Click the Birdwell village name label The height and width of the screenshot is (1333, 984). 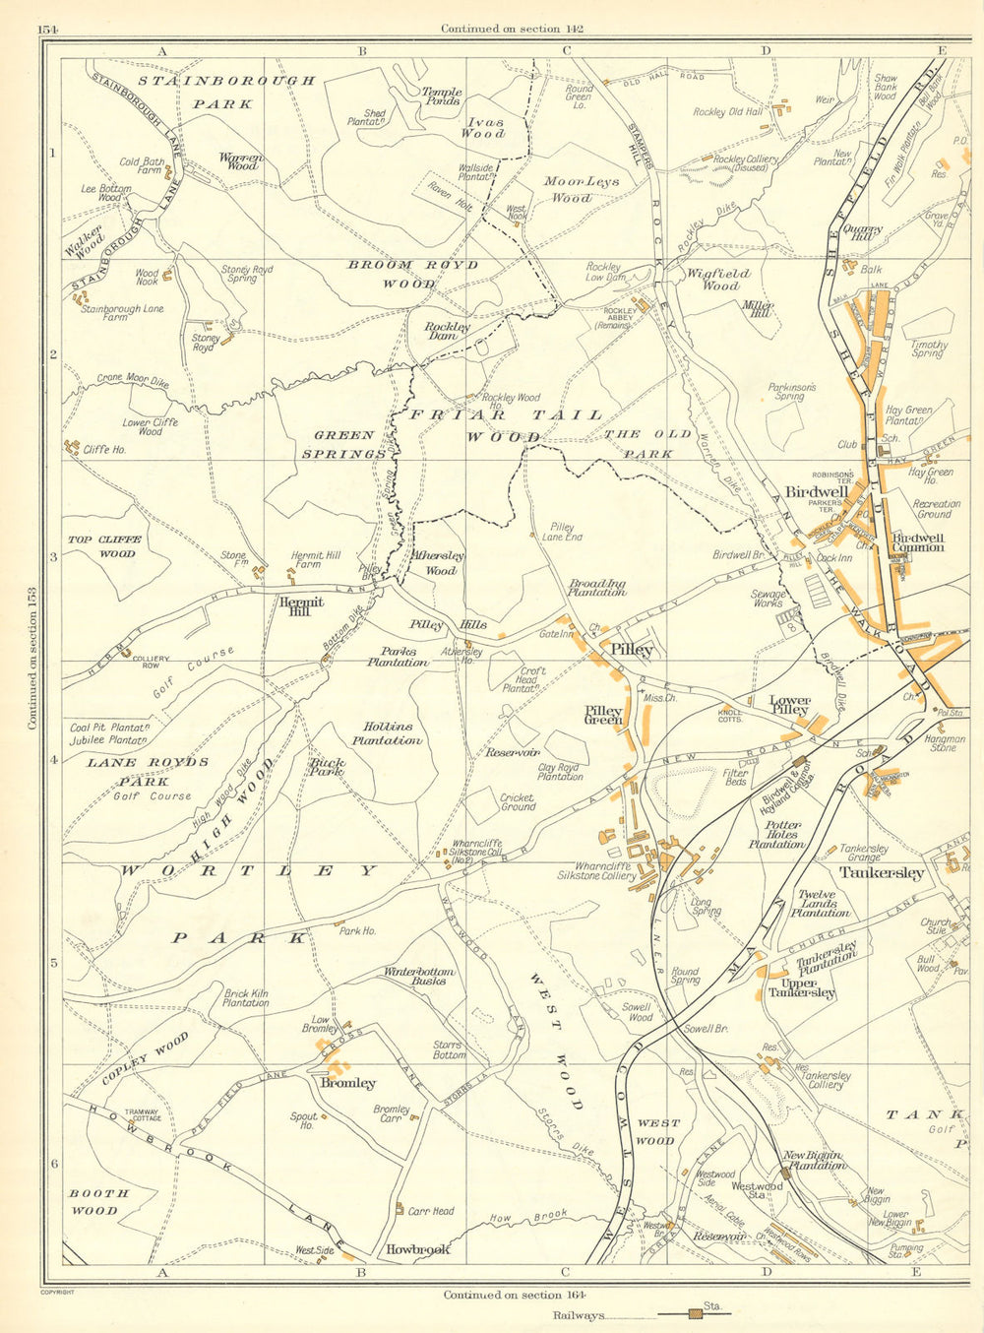817,491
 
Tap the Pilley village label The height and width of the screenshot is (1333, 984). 631,650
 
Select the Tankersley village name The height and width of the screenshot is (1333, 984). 880,872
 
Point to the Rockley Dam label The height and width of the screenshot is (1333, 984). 448,331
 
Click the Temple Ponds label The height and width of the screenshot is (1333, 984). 442,95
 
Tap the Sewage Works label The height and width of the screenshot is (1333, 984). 769,600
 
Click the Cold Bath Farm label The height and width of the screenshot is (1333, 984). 141,166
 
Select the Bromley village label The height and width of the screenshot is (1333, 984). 348,1083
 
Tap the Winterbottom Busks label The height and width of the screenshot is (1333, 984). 418,976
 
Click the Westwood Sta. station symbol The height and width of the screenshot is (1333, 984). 785,1174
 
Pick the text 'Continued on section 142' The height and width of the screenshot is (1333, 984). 512,29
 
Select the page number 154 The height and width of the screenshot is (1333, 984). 49,29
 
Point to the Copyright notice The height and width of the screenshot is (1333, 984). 57,1292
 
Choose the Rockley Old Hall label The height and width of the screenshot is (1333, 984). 727,112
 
